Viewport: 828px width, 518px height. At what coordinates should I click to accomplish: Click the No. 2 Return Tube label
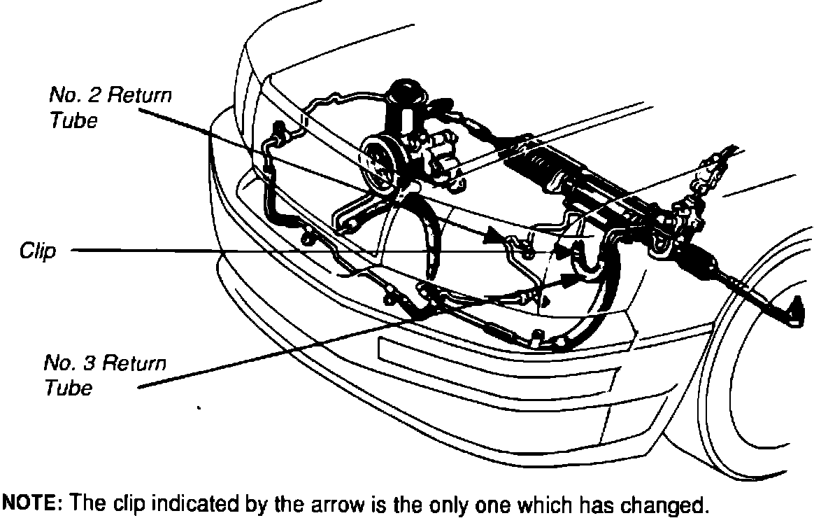pyautogui.click(x=110, y=107)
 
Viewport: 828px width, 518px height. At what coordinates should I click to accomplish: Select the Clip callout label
pyautogui.click(x=38, y=251)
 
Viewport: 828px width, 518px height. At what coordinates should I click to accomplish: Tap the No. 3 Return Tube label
pyautogui.click(x=105, y=375)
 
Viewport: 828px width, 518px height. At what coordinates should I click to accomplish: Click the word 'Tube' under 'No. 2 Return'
pyautogui.click(x=73, y=120)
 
